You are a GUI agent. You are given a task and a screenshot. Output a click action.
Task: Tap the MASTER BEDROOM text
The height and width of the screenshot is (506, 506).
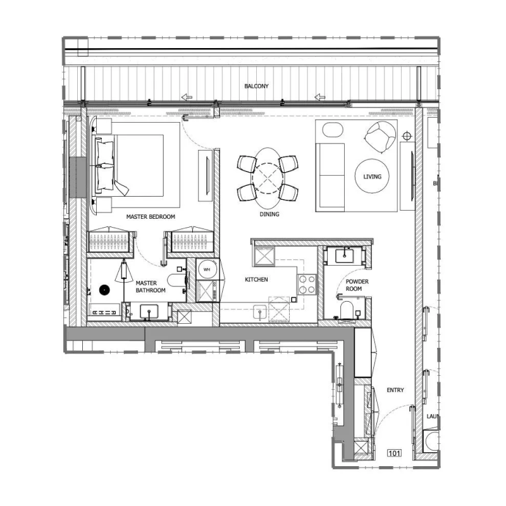pyautogui.click(x=151, y=216)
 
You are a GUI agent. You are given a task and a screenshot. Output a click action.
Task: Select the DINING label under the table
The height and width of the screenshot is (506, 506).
pyautogui.click(x=269, y=214)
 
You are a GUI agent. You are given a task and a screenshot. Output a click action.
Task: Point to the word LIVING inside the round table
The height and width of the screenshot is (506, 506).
pyautogui.click(x=373, y=176)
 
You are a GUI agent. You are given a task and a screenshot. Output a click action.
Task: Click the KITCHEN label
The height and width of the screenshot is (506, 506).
pyautogui.click(x=256, y=279)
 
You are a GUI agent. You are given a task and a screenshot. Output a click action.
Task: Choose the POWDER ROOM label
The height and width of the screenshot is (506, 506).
pyautogui.click(x=357, y=285)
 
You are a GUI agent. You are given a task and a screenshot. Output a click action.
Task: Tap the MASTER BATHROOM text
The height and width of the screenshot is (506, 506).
pyautogui.click(x=151, y=287)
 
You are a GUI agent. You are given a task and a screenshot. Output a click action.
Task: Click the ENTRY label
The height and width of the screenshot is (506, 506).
pyautogui.click(x=395, y=390)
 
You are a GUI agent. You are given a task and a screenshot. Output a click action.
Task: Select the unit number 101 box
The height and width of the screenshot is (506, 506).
pyautogui.click(x=395, y=453)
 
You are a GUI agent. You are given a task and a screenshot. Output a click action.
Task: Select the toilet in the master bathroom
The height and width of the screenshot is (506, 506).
pyautogui.click(x=176, y=279)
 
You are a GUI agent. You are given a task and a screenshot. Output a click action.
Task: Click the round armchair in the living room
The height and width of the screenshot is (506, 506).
pyautogui.click(x=380, y=137)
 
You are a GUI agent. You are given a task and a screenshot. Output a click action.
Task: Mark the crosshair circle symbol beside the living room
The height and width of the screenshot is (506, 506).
pyautogui.click(x=407, y=135)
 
